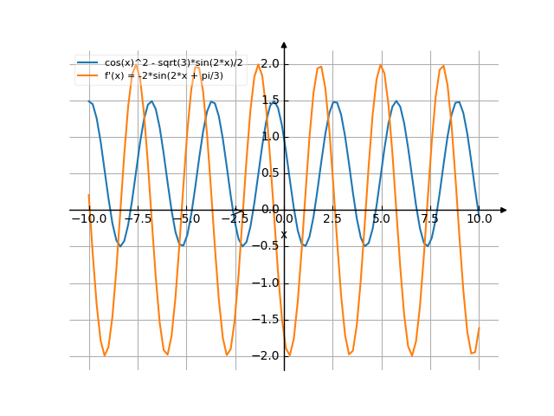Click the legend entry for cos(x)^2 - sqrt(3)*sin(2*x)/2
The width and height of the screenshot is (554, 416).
click(x=170, y=63)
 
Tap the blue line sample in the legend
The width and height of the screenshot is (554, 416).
click(x=87, y=63)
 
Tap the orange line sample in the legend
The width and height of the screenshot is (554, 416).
click(x=87, y=75)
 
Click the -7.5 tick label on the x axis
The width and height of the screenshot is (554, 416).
click(x=138, y=219)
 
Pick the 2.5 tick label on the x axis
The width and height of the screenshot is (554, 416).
click(x=332, y=219)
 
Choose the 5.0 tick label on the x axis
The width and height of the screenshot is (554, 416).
click(x=381, y=219)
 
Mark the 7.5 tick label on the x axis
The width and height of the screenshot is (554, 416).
click(x=430, y=219)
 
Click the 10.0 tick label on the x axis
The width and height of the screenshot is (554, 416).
click(x=479, y=219)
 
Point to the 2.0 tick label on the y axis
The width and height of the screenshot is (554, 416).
click(x=269, y=63)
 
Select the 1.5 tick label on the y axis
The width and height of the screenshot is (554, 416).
click(x=269, y=100)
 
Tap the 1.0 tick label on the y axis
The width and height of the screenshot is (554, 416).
click(x=269, y=136)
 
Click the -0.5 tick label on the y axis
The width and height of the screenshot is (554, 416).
click(x=267, y=246)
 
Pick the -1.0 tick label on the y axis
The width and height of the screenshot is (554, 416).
click(x=267, y=283)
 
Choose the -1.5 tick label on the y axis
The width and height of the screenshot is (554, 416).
click(x=267, y=319)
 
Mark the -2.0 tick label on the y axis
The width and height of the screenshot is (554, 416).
click(x=267, y=355)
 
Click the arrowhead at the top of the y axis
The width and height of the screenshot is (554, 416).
click(x=284, y=43)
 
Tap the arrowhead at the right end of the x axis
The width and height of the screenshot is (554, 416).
click(x=504, y=210)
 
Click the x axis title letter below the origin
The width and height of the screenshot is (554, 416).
click(x=283, y=234)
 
